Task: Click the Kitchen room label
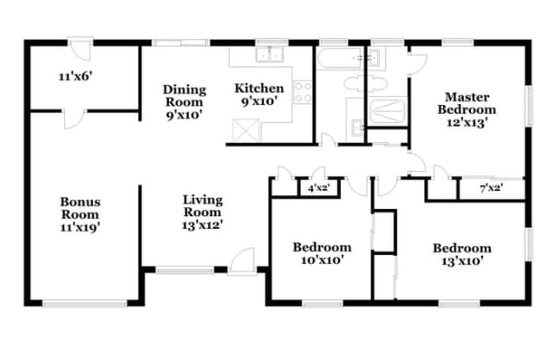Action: [259, 88]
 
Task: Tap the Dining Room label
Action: [185, 96]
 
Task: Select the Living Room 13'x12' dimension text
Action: [202, 225]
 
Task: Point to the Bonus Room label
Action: [81, 208]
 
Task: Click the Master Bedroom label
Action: [467, 103]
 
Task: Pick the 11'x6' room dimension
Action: [75, 76]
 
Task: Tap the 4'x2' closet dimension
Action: [319, 188]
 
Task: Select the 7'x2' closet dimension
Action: [492, 188]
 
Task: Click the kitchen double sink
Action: [270, 55]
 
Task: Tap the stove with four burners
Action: [304, 92]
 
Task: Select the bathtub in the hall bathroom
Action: [340, 58]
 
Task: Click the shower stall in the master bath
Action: [387, 111]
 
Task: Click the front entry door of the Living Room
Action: [242, 261]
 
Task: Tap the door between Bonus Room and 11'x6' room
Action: [74, 119]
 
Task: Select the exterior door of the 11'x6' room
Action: [81, 49]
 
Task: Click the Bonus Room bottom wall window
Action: [85, 304]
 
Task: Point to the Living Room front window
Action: [185, 271]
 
